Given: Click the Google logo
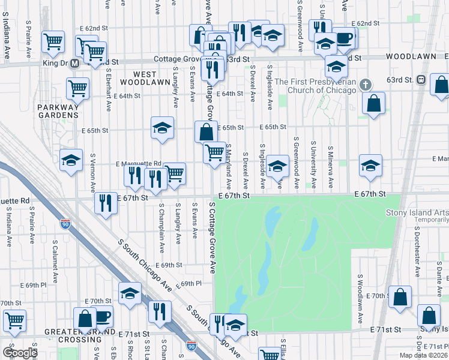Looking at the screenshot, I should pyautogui.click(x=19, y=353).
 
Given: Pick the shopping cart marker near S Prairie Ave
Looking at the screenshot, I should pyautogui.click(x=53, y=41).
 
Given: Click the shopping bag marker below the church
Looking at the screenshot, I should pyautogui.click(x=373, y=103).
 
